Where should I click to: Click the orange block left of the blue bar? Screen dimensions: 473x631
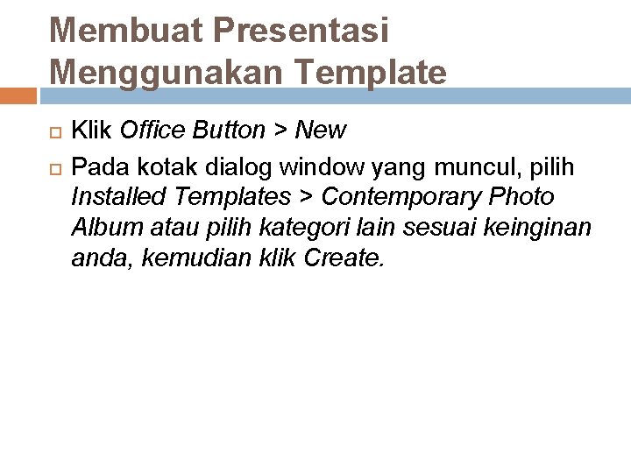[18, 95]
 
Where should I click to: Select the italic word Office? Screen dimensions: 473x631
[148, 131]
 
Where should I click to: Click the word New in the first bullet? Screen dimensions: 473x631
[321, 131]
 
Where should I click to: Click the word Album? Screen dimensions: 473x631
[99, 228]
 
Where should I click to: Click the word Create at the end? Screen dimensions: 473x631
[343, 259]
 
